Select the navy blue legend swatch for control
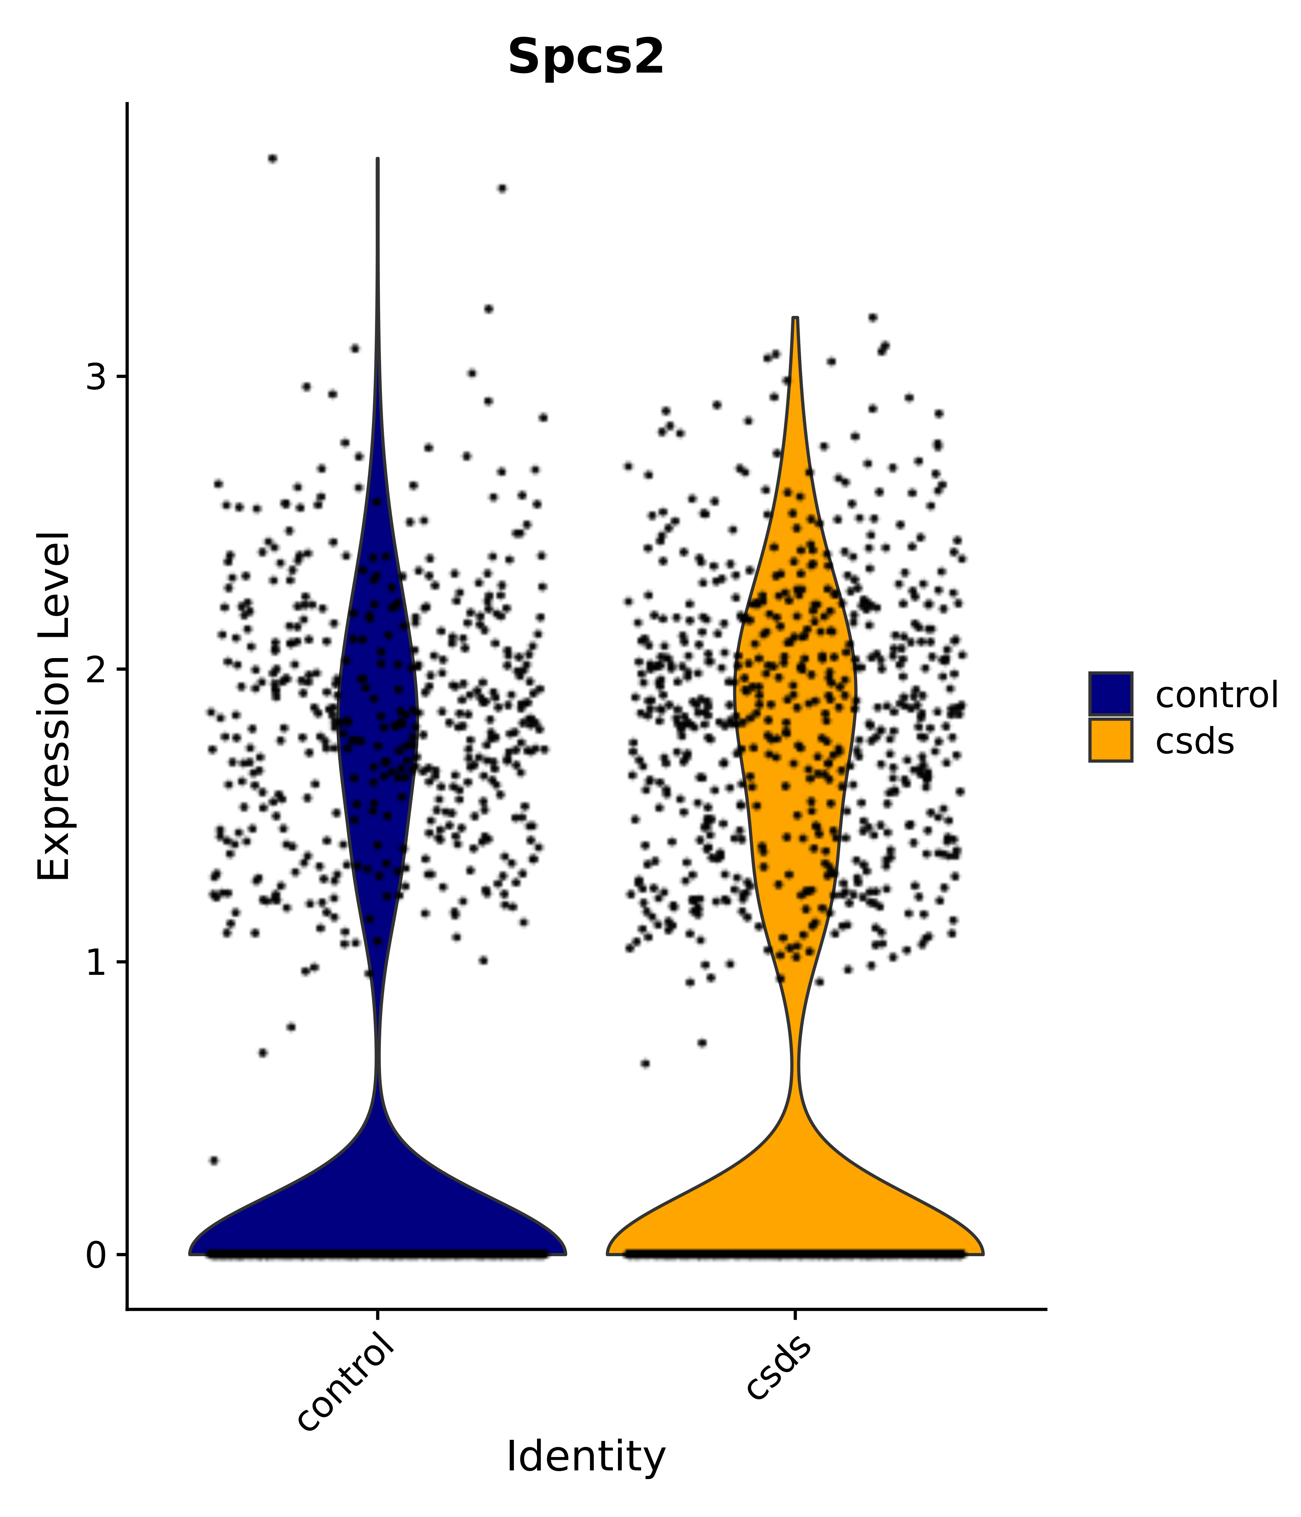pyautogui.click(x=1110, y=693)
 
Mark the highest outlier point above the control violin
pyautogui.click(x=272, y=158)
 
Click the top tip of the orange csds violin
pyautogui.click(x=795, y=319)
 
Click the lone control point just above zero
pyautogui.click(x=214, y=1160)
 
